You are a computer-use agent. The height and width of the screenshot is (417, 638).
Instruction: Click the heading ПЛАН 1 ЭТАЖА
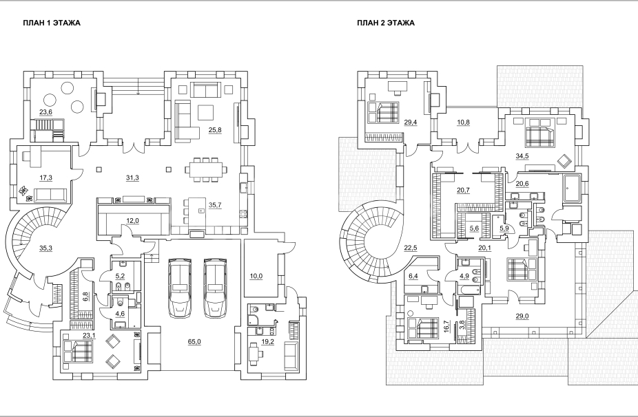(x=52, y=23)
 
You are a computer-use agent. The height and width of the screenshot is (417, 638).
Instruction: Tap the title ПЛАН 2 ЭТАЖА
(x=386, y=23)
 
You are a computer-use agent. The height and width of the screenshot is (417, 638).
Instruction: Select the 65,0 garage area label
(x=194, y=342)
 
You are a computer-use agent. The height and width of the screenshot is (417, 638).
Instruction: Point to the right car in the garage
(x=214, y=288)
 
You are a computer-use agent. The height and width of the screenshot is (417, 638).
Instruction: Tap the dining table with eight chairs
(x=206, y=169)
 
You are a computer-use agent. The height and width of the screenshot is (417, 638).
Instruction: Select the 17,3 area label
(x=45, y=178)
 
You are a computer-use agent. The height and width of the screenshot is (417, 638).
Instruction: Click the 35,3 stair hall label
(x=45, y=248)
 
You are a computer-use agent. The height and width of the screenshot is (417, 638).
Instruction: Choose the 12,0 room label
(x=132, y=221)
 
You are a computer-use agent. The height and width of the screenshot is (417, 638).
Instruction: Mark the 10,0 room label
(x=256, y=277)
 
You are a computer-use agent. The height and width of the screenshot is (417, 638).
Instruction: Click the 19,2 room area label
(x=267, y=342)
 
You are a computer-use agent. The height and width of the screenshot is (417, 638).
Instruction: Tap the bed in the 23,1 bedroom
(x=78, y=351)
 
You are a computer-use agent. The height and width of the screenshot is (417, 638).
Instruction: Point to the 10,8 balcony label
(x=462, y=122)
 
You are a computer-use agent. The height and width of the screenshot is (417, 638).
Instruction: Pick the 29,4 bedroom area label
(x=411, y=122)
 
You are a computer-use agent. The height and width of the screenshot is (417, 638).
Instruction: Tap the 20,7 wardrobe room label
(x=463, y=190)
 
